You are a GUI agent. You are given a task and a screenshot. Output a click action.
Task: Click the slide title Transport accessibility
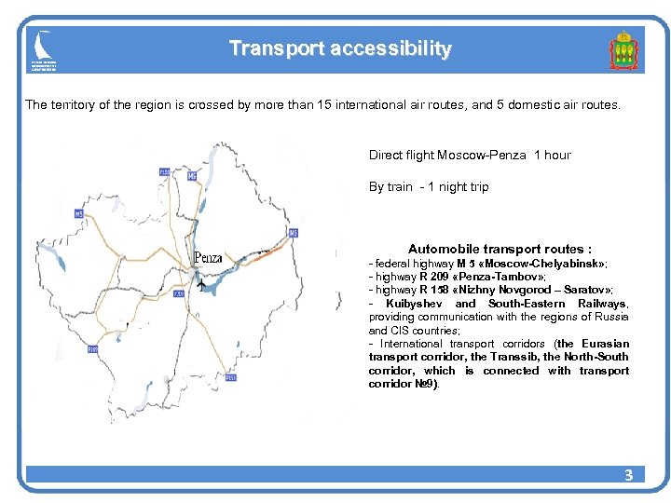[340, 48]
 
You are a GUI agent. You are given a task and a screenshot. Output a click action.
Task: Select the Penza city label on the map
[208, 257]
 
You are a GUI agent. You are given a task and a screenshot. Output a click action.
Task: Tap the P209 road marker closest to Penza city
[179, 294]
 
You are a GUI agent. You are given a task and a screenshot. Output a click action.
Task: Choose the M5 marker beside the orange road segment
[293, 233]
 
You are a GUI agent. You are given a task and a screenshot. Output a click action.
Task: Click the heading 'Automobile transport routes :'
[500, 249]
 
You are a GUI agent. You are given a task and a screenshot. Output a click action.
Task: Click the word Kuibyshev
[415, 304]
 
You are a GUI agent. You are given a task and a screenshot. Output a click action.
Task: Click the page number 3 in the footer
[628, 475]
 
